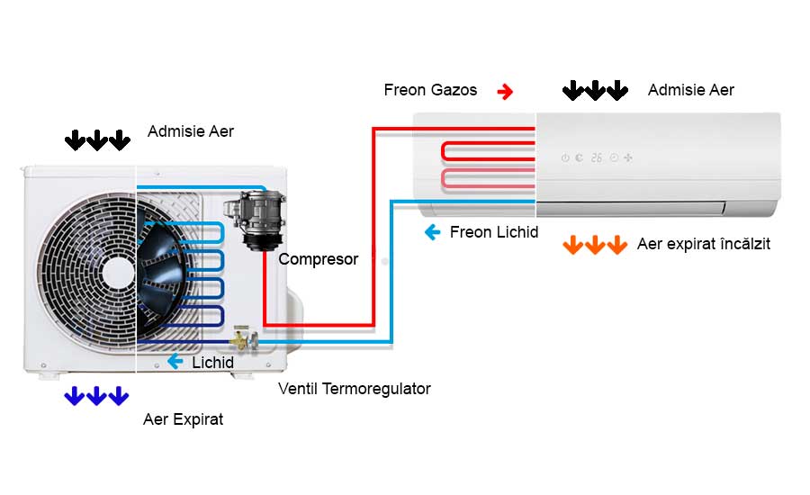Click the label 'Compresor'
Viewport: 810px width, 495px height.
[318, 259]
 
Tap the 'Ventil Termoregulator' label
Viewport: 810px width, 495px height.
[355, 389]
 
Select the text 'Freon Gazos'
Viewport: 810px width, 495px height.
[430, 90]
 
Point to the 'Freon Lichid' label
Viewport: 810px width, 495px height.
[494, 232]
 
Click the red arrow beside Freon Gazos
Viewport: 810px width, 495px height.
[505, 90]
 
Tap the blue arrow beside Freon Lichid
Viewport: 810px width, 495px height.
[432, 232]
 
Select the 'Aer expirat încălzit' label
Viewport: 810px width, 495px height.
[703, 244]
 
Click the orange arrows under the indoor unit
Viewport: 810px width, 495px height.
[594, 245]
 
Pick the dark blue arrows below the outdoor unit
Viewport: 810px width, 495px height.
[96, 396]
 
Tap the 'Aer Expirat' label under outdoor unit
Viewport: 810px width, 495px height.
[183, 419]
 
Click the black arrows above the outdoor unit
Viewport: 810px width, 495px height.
[96, 140]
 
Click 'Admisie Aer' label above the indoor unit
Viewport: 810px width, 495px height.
[690, 90]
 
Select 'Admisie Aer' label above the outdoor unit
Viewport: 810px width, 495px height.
[191, 131]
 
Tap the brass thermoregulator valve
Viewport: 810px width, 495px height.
[241, 339]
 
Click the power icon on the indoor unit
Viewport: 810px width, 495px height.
[565, 157]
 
